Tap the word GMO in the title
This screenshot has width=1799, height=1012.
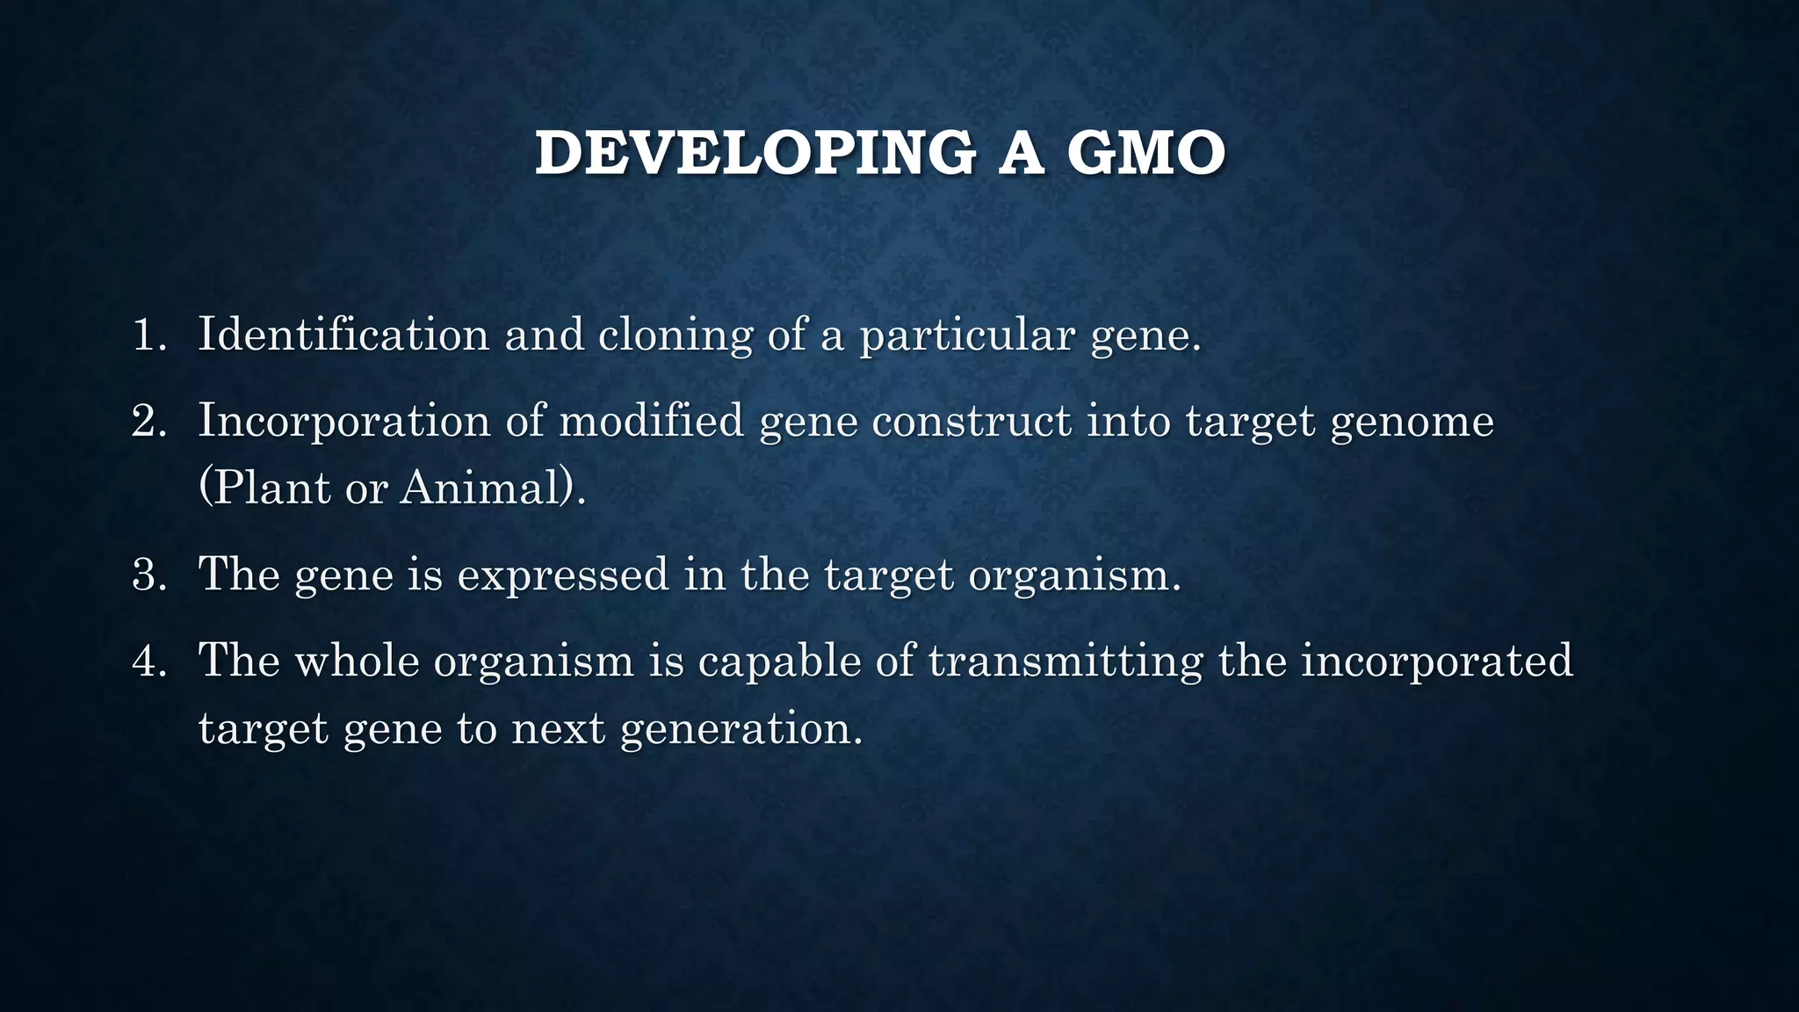tap(1145, 154)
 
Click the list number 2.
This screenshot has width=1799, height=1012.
tap(147, 422)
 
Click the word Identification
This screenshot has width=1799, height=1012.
tap(343, 335)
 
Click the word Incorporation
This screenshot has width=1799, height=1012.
tap(343, 421)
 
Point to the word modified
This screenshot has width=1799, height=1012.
tap(651, 421)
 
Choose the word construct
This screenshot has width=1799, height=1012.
tap(971, 422)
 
